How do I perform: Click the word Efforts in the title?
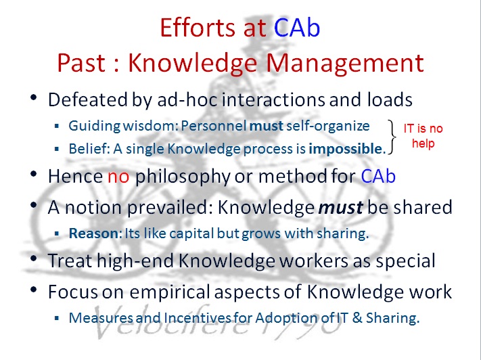198,28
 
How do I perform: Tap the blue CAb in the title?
297,28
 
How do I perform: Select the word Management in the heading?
345,64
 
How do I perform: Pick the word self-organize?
328,126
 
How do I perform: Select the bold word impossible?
346,149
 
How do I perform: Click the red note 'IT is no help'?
423,135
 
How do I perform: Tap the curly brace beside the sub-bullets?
392,137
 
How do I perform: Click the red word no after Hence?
118,177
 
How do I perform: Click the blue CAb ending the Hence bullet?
378,177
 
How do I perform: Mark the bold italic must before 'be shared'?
341,208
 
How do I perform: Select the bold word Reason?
93,233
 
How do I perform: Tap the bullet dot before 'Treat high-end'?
34,258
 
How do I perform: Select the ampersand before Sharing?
357,318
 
